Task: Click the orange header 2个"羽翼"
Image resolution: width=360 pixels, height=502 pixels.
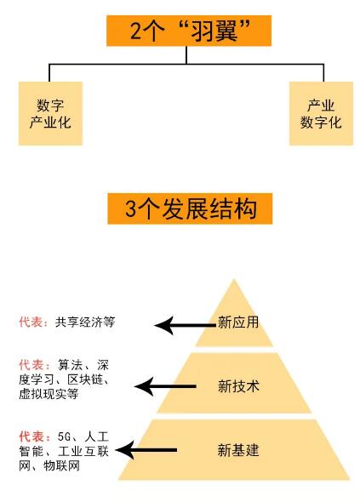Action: tap(189, 31)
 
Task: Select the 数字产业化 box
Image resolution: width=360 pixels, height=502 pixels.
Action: tap(50, 113)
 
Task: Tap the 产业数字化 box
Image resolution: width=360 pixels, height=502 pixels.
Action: tap(321, 113)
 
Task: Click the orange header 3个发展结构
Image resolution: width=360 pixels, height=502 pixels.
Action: tap(190, 208)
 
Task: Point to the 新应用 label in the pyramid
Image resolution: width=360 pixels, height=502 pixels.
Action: tap(238, 322)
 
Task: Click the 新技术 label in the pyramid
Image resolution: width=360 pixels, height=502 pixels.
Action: tap(238, 386)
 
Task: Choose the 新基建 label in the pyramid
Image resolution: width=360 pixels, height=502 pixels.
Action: tap(238, 450)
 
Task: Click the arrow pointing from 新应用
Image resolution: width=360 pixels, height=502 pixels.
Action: tap(186, 326)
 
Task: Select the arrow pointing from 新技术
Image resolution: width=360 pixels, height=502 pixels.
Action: tap(165, 386)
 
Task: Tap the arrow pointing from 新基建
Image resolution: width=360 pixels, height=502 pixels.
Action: tap(146, 450)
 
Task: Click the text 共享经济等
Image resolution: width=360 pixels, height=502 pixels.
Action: tap(85, 322)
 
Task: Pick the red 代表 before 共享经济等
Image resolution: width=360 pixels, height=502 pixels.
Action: tap(31, 322)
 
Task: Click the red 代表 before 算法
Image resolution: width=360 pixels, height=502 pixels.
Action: tap(31, 365)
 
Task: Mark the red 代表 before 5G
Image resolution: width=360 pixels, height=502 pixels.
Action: tap(31, 436)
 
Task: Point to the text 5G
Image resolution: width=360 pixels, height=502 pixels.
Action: tap(64, 436)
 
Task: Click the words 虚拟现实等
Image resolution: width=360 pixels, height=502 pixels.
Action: tap(49, 394)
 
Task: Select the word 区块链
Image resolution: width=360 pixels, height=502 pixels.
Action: tap(85, 379)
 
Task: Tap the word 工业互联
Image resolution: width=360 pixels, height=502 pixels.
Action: tap(83, 451)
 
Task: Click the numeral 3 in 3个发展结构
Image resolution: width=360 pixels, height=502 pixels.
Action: tap(131, 208)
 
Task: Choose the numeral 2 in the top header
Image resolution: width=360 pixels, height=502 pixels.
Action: tap(136, 31)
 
